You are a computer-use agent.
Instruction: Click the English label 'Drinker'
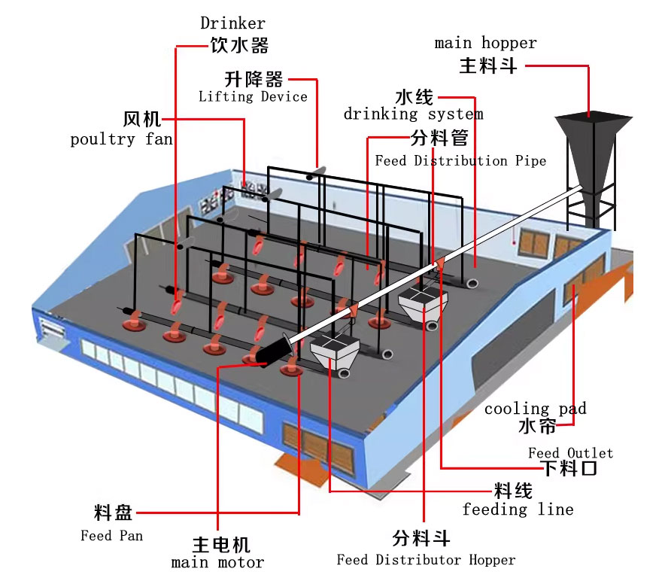coord(232,24)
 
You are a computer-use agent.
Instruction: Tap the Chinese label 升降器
coord(254,78)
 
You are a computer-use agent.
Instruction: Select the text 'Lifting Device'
coord(253,96)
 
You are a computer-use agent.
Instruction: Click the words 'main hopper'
coord(486,43)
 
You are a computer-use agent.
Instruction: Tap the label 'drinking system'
coord(413,114)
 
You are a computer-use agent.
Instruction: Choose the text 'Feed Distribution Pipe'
coord(460,160)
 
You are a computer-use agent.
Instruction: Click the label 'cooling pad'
coord(535,409)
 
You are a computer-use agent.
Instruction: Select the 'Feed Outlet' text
coord(570,452)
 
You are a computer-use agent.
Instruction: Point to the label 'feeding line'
coord(518,509)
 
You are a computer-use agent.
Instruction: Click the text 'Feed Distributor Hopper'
coord(426,560)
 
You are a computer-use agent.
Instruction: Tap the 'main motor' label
coord(218,562)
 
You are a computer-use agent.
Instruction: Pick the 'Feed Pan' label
coord(111,536)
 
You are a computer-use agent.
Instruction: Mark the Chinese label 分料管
coord(440,138)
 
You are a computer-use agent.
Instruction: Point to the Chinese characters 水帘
coord(537,426)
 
